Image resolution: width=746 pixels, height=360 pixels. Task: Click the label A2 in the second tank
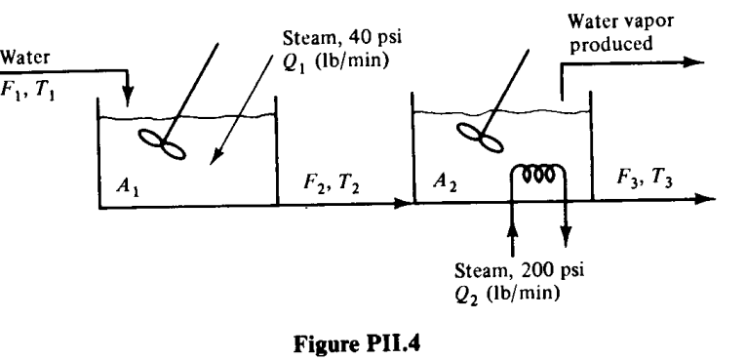(446, 180)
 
